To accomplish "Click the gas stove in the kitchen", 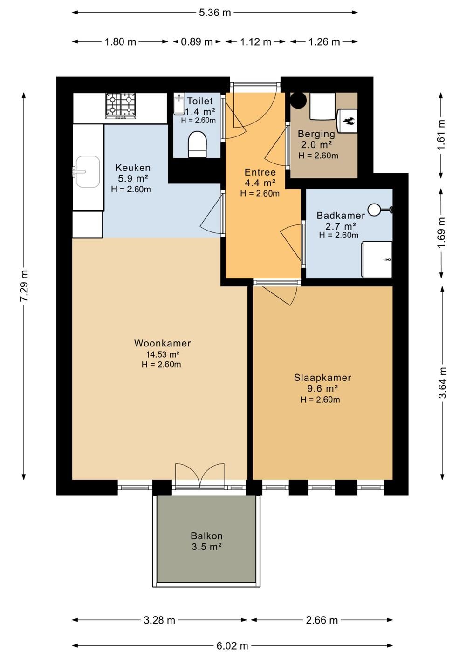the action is pyautogui.click(x=121, y=106).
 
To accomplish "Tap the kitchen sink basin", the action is pyautogui.click(x=88, y=171).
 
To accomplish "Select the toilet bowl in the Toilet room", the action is pyautogui.click(x=197, y=144).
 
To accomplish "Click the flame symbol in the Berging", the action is pyautogui.click(x=349, y=121).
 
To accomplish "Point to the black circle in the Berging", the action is pyautogui.click(x=298, y=99).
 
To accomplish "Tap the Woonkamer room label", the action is pyautogui.click(x=162, y=343).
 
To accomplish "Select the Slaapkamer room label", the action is pyautogui.click(x=322, y=378).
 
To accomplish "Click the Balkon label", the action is pyautogui.click(x=206, y=536).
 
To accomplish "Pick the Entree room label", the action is pyautogui.click(x=260, y=172).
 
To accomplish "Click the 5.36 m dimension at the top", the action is pyautogui.click(x=215, y=12).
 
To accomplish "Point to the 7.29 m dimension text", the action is pyautogui.click(x=24, y=285).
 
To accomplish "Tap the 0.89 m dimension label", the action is pyautogui.click(x=197, y=42).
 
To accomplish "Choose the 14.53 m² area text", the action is pyautogui.click(x=163, y=354).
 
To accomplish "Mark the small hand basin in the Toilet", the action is pyautogui.click(x=178, y=104).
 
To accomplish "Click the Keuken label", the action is pyautogui.click(x=133, y=168).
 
